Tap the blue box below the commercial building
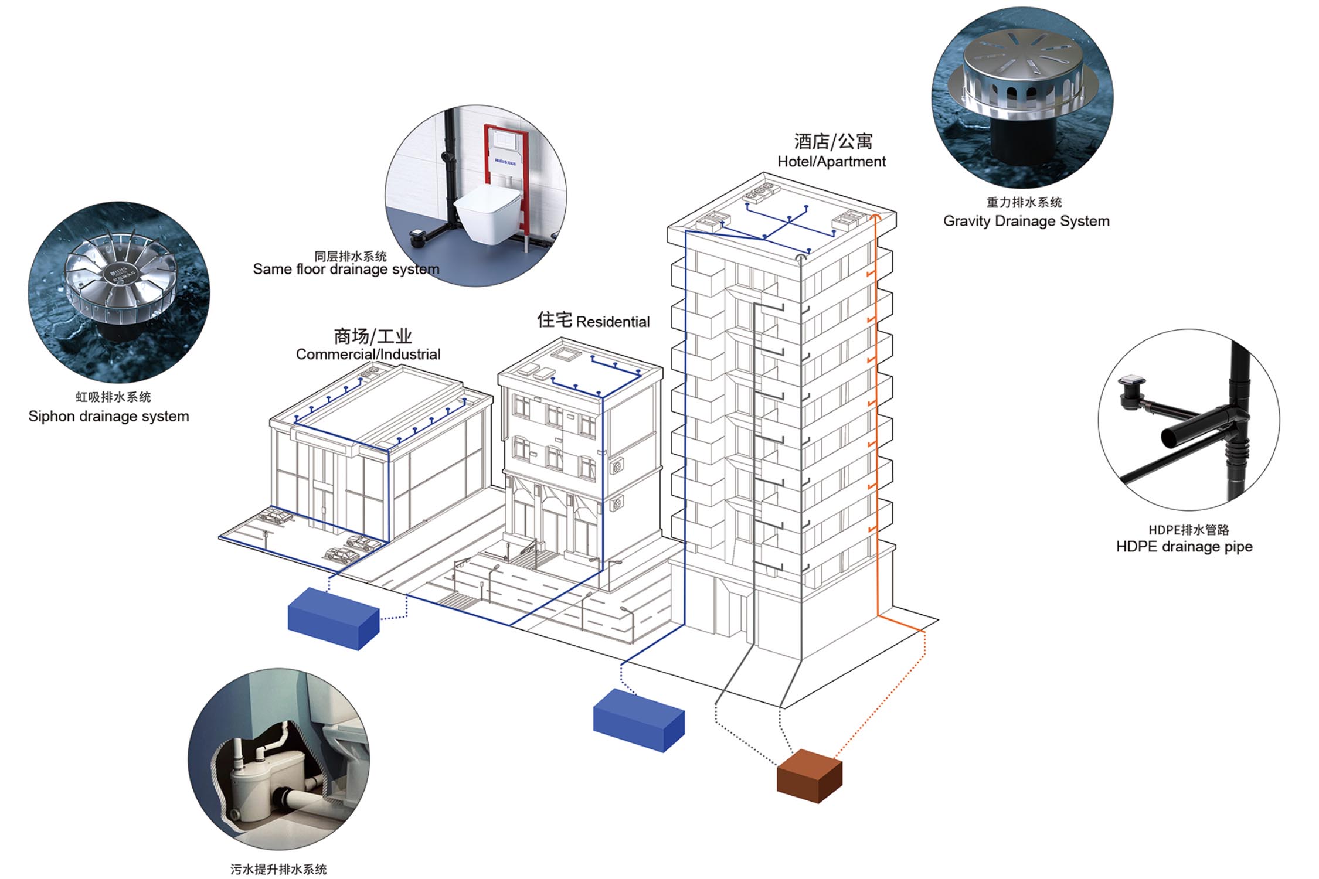(x=333, y=618)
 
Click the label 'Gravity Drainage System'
(x=1026, y=221)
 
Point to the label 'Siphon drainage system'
(x=108, y=416)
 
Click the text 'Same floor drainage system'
(x=346, y=270)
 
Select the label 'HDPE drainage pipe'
(x=1184, y=547)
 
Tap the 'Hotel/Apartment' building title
(x=831, y=162)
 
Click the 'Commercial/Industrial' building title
(x=368, y=355)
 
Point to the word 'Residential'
(x=613, y=322)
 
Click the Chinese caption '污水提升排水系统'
(x=278, y=869)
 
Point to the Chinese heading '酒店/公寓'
(x=832, y=142)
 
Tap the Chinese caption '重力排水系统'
(x=1024, y=203)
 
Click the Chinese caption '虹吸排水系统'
(x=113, y=397)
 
